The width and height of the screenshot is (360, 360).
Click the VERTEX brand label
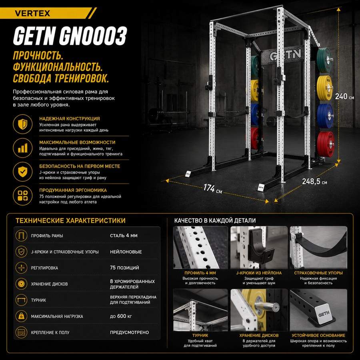pyautogui.click(x=32, y=13)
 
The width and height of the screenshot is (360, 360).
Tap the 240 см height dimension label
pyautogui.click(x=344, y=96)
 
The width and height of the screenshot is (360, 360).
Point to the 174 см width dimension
pyautogui.click(x=213, y=189)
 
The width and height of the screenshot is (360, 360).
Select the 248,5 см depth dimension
pyautogui.click(x=314, y=181)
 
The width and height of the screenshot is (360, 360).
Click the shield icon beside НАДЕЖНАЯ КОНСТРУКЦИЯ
pyautogui.click(x=22, y=124)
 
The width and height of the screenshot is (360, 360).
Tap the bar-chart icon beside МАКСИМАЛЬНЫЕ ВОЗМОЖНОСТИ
pyautogui.click(x=22, y=148)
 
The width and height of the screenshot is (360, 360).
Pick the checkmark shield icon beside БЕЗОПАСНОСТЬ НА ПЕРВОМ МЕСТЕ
pyautogui.click(x=22, y=172)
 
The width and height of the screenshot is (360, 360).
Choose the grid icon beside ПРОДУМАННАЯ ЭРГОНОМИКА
pyautogui.click(x=22, y=195)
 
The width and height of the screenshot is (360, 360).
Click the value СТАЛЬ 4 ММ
pyautogui.click(x=124, y=236)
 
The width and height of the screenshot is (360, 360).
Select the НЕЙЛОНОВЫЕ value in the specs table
pyautogui.click(x=126, y=252)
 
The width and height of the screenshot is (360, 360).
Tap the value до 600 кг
pyautogui.click(x=121, y=316)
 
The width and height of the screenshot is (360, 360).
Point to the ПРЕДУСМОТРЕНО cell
pyautogui.click(x=129, y=332)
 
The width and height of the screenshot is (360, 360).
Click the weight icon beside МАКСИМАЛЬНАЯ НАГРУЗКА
pyautogui.click(x=21, y=316)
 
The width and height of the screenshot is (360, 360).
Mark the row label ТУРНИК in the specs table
pyautogui.click(x=38, y=300)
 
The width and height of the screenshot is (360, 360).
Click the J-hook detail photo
pyautogui.click(x=259, y=247)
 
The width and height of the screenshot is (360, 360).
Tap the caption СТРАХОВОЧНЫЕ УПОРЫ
pyautogui.click(x=318, y=273)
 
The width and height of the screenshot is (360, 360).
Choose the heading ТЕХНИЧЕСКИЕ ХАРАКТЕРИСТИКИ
pyautogui.click(x=70, y=221)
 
